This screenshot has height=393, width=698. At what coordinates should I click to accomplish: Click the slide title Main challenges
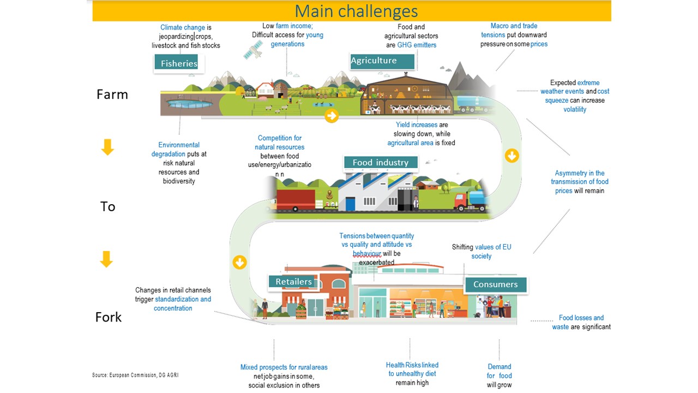click(x=356, y=11)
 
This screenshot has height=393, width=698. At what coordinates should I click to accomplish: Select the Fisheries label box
click(x=178, y=63)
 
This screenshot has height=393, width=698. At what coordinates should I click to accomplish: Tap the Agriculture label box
click(x=374, y=61)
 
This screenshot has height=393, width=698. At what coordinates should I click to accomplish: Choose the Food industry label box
click(x=380, y=162)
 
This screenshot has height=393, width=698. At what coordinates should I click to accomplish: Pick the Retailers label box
click(x=293, y=282)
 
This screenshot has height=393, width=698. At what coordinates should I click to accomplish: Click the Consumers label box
click(x=495, y=284)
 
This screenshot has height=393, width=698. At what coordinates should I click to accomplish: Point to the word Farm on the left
click(x=112, y=94)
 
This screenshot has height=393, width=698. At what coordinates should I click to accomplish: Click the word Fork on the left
click(x=109, y=317)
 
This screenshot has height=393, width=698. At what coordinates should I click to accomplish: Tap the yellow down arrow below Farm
click(x=107, y=147)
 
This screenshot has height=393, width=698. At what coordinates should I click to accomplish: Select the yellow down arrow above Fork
click(x=106, y=259)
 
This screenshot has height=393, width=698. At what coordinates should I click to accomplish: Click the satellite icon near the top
click(x=252, y=50)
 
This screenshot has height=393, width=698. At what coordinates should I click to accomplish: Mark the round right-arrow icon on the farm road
click(x=331, y=116)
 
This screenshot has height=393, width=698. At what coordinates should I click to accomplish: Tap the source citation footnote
click(x=135, y=375)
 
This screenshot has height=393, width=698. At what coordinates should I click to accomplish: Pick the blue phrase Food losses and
click(x=581, y=318)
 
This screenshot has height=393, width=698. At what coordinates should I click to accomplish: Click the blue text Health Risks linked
click(x=412, y=365)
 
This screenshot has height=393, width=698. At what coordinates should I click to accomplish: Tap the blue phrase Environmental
click(x=179, y=145)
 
